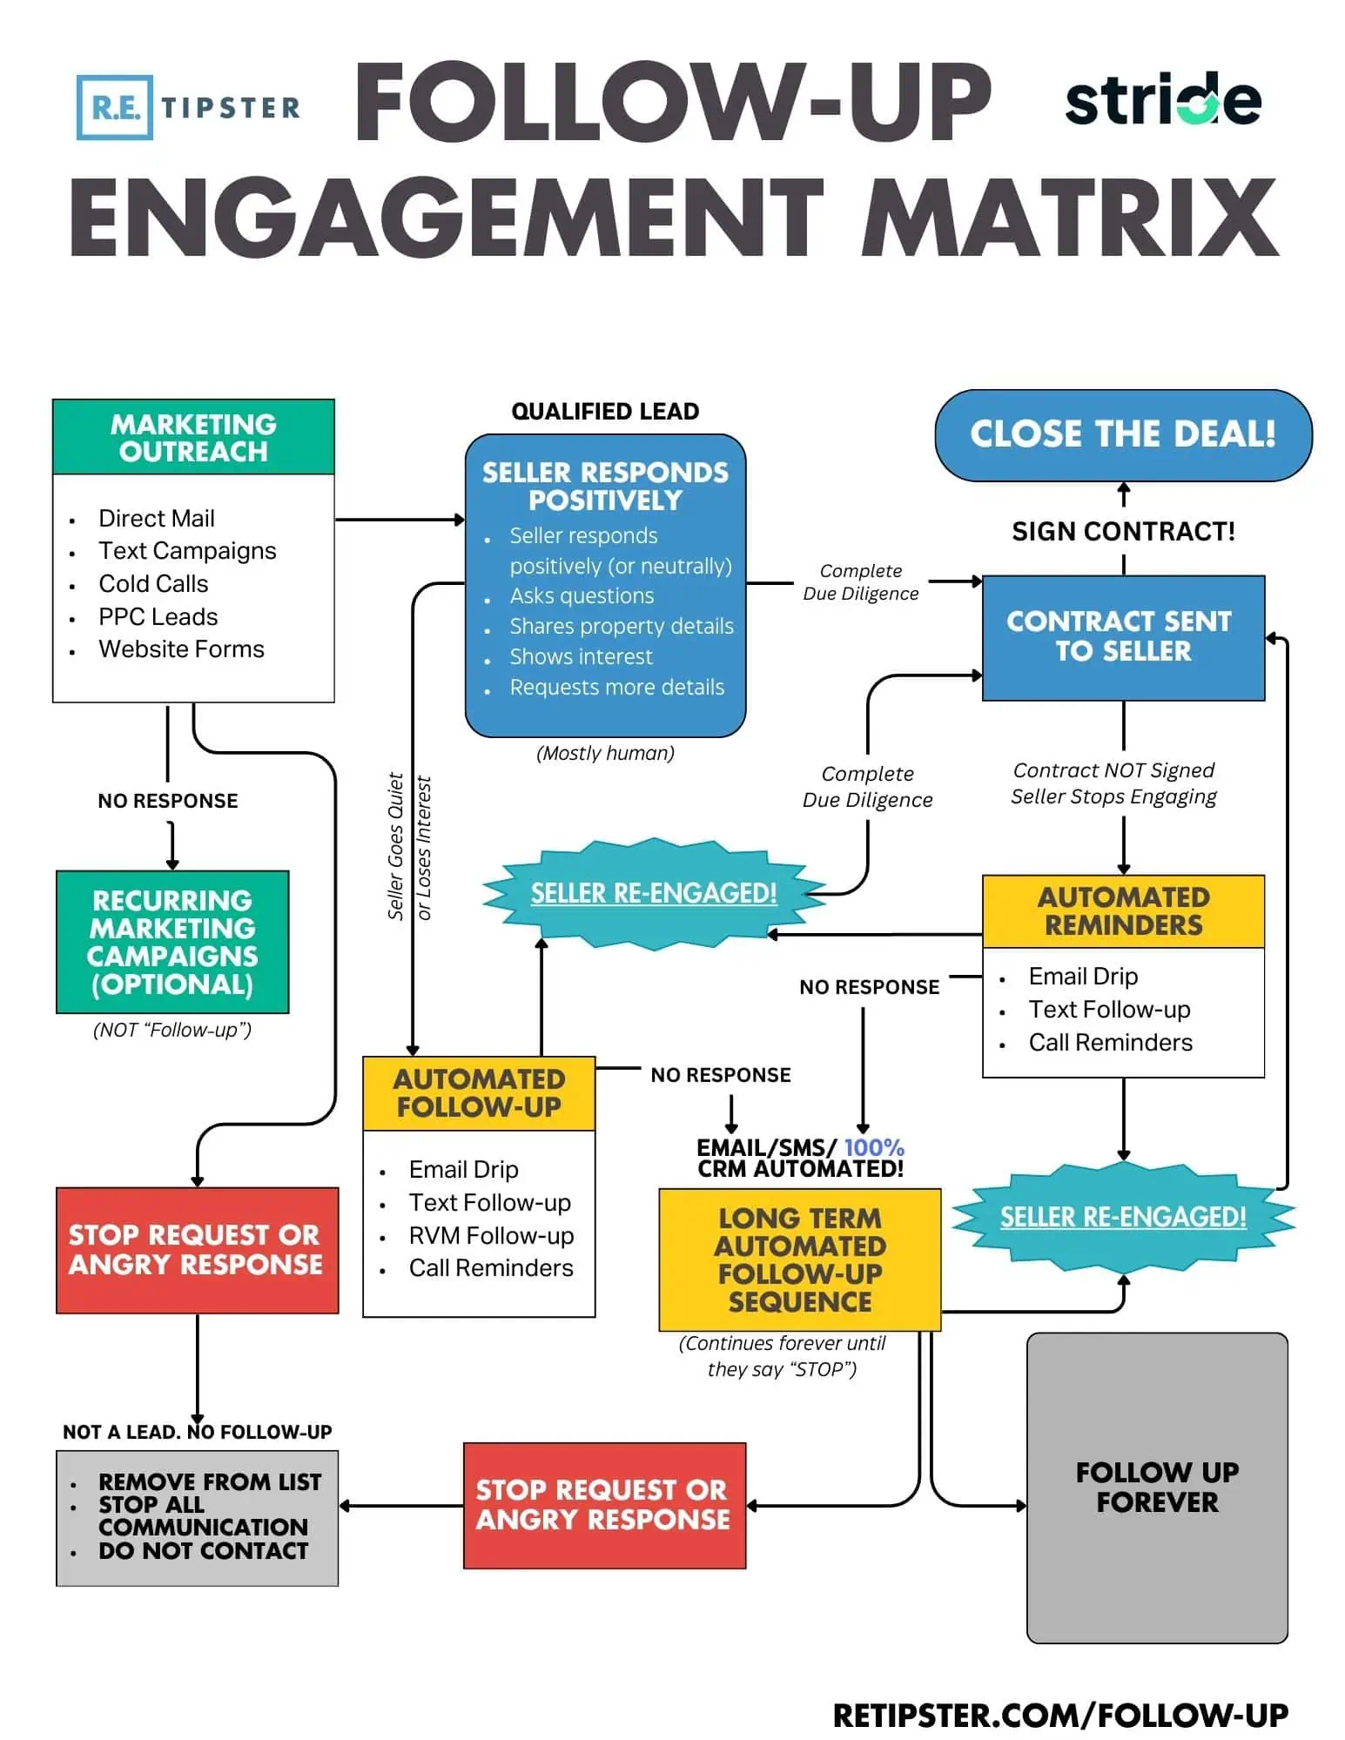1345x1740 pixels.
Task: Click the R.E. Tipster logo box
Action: [x=115, y=107]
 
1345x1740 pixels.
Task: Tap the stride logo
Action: [x=1162, y=101]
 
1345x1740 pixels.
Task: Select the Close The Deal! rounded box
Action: [x=1122, y=434]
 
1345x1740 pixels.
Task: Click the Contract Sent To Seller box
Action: [x=1122, y=636]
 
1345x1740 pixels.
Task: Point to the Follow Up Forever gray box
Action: [x=1156, y=1487]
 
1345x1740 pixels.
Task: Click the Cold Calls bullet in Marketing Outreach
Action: [x=153, y=583]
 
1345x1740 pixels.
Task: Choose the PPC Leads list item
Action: [x=158, y=616]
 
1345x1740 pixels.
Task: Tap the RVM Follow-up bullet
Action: [x=491, y=1235]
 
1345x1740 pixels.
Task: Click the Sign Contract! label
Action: [x=1122, y=531]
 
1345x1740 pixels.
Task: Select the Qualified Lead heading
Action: [x=605, y=411]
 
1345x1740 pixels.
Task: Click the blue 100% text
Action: [x=874, y=1147]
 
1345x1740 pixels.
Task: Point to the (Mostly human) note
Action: [x=605, y=753]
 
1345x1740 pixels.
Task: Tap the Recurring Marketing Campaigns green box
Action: [x=172, y=942]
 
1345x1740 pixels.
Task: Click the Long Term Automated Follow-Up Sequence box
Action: [x=799, y=1259]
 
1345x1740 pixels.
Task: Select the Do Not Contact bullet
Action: [x=203, y=1550]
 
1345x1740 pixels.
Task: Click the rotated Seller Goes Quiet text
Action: [x=396, y=846]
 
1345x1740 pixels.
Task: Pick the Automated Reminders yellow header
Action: [x=1122, y=910]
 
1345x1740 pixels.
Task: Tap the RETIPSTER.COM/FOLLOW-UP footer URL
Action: [x=1059, y=1715]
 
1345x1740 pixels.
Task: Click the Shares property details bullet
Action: [x=621, y=626]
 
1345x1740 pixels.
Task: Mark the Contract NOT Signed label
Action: [x=1113, y=769]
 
